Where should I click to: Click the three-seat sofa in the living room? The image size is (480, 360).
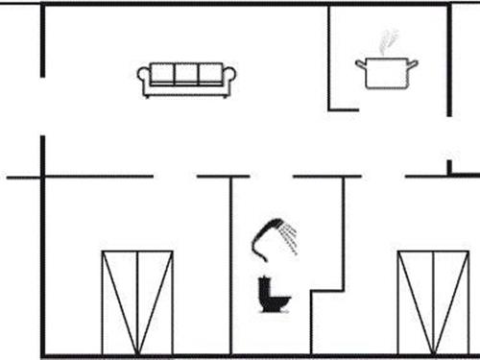[187, 80]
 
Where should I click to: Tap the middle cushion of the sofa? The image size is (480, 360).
[187, 75]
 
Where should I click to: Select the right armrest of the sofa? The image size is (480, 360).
[229, 80]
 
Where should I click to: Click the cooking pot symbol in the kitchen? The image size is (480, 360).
[387, 73]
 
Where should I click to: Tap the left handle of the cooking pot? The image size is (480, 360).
[360, 63]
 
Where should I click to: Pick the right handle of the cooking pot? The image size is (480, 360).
[415, 63]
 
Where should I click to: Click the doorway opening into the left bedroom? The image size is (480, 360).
[175, 177]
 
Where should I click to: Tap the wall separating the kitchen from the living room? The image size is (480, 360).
[329, 58]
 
